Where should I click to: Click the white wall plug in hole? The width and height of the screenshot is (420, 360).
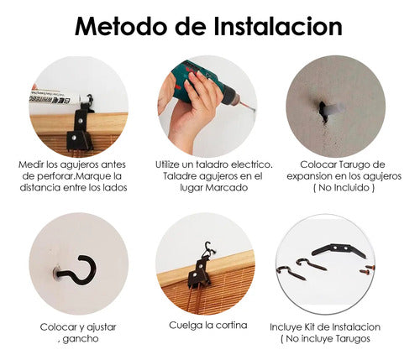tap(334, 108)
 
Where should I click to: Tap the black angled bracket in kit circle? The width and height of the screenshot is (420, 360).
tap(339, 251)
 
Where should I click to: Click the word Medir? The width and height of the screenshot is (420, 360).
tap(31, 164)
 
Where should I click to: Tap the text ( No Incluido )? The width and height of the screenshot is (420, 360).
tap(344, 187)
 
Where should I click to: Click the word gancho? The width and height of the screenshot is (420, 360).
tap(81, 339)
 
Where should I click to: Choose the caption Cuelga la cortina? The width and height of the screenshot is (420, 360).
tap(208, 325)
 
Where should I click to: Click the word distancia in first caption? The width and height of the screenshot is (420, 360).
tap(40, 187)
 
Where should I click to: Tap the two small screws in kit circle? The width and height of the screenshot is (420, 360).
tap(367, 269)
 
